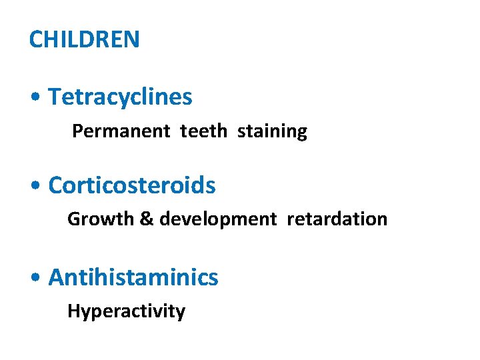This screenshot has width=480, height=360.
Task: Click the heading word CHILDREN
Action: (85, 39)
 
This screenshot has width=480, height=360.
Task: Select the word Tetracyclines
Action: (120, 97)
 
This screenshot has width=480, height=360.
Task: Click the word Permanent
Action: (121, 131)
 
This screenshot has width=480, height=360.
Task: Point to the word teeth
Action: (203, 131)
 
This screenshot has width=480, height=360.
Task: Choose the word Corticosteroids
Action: (132, 185)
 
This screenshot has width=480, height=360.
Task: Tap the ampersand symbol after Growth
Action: (146, 219)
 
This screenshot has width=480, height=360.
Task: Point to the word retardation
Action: (337, 219)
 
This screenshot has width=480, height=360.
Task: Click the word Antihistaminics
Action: (133, 277)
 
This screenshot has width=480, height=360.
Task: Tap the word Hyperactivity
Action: (126, 311)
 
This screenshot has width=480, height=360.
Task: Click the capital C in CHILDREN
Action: (36, 39)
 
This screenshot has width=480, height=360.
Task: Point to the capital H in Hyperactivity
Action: (73, 311)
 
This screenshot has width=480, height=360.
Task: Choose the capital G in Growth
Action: (74, 219)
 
